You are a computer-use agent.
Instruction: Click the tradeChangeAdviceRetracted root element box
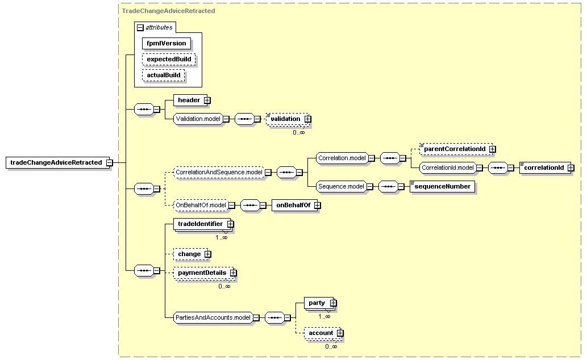tap(57, 162)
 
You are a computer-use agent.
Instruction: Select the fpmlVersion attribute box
tap(166, 43)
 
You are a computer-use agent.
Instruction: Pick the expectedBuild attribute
tap(169, 59)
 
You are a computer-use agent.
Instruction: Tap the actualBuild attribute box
tap(163, 75)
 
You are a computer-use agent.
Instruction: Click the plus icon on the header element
tap(207, 101)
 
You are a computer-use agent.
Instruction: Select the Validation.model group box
tap(198, 119)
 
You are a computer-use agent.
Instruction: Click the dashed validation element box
tap(288, 119)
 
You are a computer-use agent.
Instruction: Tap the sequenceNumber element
tap(442, 186)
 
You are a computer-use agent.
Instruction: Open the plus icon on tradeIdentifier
tap(231, 224)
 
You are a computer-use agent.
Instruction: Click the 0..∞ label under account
tap(331, 346)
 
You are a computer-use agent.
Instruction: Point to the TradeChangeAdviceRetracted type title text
tap(168, 11)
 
